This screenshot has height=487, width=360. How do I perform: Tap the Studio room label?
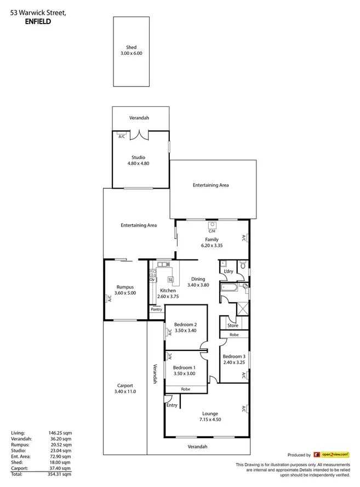138,157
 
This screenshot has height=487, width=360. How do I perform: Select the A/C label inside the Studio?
121,137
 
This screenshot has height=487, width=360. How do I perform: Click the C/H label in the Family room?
212,231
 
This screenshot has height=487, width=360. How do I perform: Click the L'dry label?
228,271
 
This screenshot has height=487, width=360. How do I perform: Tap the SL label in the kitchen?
170,279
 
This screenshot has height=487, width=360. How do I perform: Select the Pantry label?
157,309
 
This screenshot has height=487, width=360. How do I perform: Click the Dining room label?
198,279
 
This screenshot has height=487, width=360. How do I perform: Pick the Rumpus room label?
125,287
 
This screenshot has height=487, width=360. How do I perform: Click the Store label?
233,325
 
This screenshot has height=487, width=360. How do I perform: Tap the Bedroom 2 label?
185,325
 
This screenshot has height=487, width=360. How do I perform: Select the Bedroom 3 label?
234,356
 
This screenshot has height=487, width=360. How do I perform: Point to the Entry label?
172,405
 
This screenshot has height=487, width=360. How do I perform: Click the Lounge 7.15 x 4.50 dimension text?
210,420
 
